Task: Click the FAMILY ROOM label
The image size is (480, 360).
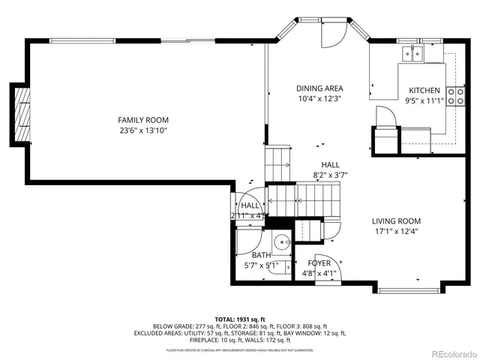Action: click(x=142, y=120)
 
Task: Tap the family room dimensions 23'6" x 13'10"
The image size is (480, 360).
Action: click(x=142, y=130)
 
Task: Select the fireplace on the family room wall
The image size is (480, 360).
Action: click(x=23, y=113)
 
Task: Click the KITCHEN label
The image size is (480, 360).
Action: click(x=424, y=90)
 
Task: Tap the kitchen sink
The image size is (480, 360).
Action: click(x=412, y=52)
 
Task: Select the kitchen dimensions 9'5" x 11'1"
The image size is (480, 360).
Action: click(x=424, y=100)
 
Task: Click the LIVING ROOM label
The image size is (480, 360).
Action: click(x=397, y=221)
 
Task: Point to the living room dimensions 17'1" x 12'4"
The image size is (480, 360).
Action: click(x=397, y=232)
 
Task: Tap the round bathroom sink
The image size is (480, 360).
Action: click(x=282, y=241)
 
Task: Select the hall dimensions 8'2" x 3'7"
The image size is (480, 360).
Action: click(x=330, y=175)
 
